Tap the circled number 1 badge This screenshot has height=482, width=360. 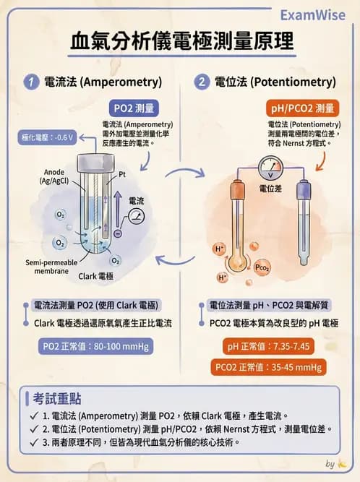(x=32, y=82)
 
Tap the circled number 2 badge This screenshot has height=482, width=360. (x=202, y=82)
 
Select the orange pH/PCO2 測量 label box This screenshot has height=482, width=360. (x=301, y=108)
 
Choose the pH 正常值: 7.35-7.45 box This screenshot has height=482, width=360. (x=268, y=346)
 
